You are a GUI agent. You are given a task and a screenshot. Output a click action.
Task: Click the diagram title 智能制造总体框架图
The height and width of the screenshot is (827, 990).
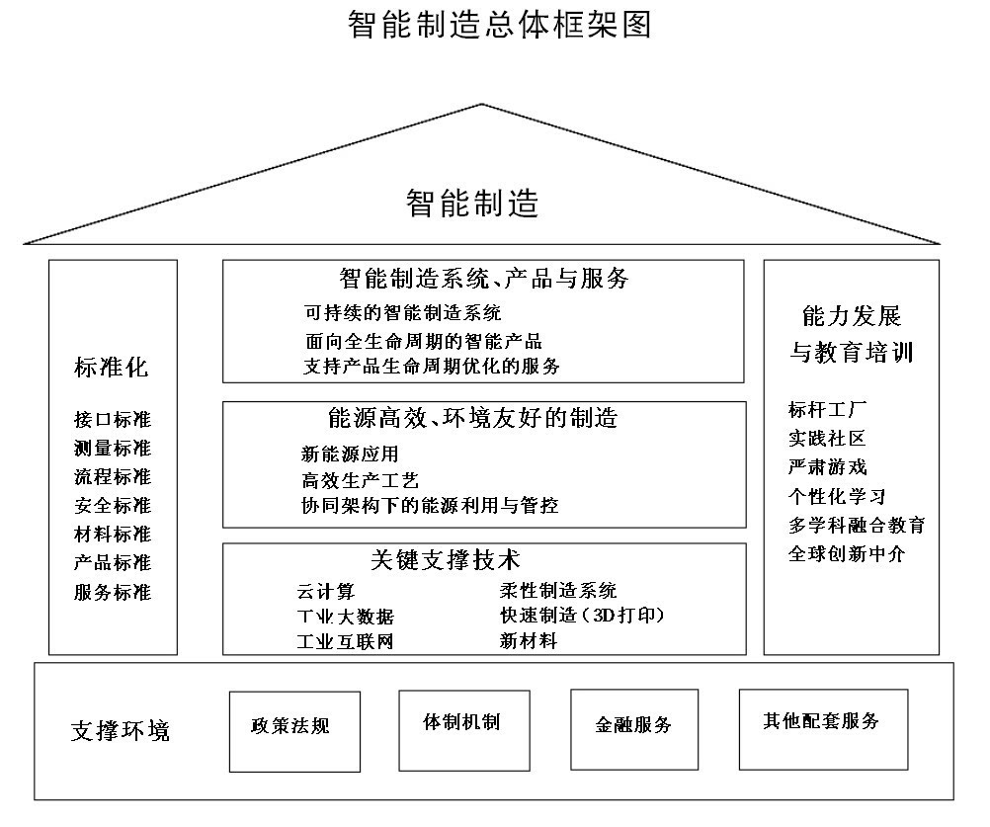pyautogui.click(x=499, y=24)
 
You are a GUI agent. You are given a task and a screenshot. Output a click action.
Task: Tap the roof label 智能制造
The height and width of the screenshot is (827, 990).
pyautogui.click(x=472, y=204)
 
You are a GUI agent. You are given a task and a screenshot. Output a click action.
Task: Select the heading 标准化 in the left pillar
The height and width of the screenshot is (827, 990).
pyautogui.click(x=111, y=367)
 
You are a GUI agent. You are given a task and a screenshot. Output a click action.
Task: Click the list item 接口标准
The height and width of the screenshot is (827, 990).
pyautogui.click(x=113, y=419)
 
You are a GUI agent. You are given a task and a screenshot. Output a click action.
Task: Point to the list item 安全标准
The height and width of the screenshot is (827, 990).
pyautogui.click(x=113, y=505)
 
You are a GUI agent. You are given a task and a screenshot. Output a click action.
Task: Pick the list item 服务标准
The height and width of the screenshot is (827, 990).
pyautogui.click(x=113, y=592)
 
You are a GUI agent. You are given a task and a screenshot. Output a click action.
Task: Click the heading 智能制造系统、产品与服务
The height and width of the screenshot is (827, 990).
pyautogui.click(x=483, y=278)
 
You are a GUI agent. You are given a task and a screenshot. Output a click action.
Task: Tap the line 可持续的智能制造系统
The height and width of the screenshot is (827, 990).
pyautogui.click(x=403, y=312)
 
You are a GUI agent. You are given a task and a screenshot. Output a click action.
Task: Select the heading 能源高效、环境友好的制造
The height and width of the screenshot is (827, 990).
pyautogui.click(x=473, y=417)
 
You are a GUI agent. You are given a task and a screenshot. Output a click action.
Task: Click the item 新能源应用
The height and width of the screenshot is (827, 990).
pyautogui.click(x=350, y=454)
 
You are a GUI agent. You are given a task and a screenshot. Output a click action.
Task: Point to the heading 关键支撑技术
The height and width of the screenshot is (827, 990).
pyautogui.click(x=446, y=559)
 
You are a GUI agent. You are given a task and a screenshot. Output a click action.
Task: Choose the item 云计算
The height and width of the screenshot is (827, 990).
pyautogui.click(x=326, y=592)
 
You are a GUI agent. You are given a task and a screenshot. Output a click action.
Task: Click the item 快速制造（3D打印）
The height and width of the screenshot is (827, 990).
pyautogui.click(x=582, y=615)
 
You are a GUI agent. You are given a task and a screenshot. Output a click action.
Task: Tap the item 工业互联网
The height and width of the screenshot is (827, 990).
pyautogui.click(x=346, y=642)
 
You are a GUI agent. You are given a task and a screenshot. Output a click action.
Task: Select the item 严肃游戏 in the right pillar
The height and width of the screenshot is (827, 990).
pyautogui.click(x=827, y=466)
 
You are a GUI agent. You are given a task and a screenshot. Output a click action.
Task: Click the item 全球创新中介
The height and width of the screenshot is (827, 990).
pyautogui.click(x=847, y=553)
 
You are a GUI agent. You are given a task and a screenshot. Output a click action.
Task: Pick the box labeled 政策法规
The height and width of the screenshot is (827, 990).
pyautogui.click(x=294, y=732)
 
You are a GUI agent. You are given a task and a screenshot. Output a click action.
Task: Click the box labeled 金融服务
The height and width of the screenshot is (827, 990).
pyautogui.click(x=634, y=729)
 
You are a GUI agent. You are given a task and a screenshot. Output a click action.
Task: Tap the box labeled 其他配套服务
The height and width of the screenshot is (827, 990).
pyautogui.click(x=824, y=729)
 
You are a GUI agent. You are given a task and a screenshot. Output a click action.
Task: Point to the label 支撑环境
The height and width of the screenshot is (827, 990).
pyautogui.click(x=121, y=730)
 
